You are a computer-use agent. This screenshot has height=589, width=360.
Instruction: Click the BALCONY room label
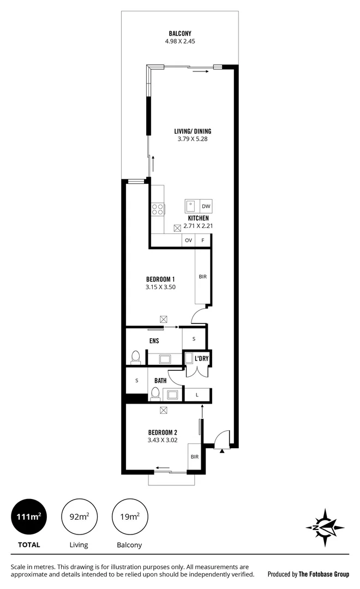pos(179,33)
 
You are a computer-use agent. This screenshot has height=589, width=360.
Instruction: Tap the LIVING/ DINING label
pos(193,131)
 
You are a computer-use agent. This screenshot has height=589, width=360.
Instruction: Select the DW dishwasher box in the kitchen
pos(206,206)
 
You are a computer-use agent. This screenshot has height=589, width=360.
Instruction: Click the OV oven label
pos(189,240)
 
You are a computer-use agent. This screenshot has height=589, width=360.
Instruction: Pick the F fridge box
pos(203,240)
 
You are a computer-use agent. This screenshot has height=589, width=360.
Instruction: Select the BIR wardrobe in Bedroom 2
pos(194,456)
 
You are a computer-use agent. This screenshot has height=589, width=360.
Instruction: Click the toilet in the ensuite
pos(136,358)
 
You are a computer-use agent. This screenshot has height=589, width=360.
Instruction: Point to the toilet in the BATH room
pos(155,393)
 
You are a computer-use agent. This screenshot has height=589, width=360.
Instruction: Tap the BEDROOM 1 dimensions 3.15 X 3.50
pos(160,287)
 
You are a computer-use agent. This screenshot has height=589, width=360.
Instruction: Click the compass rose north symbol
pos(326,527)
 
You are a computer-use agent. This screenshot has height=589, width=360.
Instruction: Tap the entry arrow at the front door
pos(221,450)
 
